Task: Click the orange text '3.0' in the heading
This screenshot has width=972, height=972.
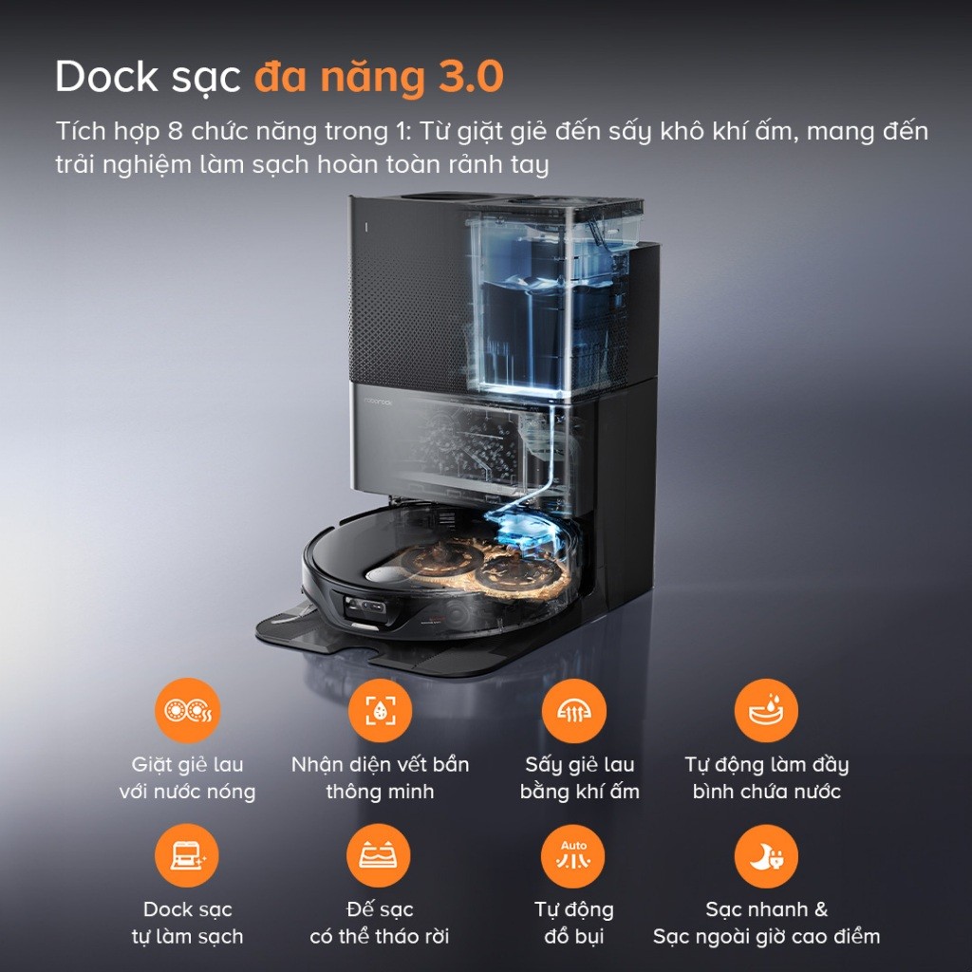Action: click(x=470, y=78)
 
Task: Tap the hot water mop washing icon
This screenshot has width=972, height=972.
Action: click(x=187, y=710)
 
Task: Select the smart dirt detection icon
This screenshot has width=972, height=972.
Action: click(x=380, y=710)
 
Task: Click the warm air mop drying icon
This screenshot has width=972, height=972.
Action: click(x=573, y=710)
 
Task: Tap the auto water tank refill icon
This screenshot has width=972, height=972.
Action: click(x=766, y=710)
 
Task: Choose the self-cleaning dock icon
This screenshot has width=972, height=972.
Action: click(x=187, y=856)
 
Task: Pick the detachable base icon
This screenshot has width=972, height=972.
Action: click(x=380, y=856)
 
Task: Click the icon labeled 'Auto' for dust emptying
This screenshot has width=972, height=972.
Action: click(x=573, y=856)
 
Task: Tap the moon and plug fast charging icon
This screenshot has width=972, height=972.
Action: click(x=766, y=856)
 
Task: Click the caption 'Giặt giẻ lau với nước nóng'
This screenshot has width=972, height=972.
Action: click(x=187, y=777)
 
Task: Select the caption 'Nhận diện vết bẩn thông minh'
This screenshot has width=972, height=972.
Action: click(x=380, y=777)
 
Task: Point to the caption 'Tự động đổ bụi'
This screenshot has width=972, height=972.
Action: click(x=573, y=923)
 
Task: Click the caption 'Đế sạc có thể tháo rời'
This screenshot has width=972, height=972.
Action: click(x=380, y=923)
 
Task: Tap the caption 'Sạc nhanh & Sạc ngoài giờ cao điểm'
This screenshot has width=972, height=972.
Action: click(x=766, y=923)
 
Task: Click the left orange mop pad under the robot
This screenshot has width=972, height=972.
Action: click(x=436, y=561)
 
